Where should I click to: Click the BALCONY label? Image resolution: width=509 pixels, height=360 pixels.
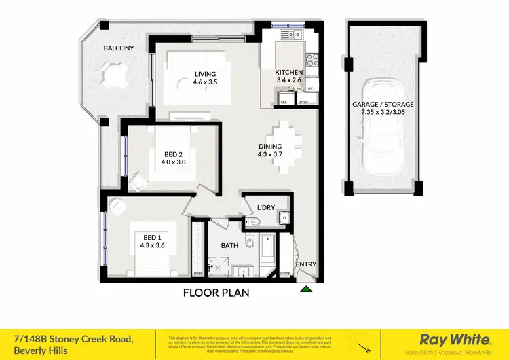pos(119,48)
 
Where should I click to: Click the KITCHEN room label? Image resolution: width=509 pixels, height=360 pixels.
pos(288,73)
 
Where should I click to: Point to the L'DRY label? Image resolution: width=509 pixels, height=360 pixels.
pos(265,209)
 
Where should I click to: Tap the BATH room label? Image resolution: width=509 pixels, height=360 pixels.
pos(229,245)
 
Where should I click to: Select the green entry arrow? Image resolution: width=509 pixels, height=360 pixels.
pos(306,289)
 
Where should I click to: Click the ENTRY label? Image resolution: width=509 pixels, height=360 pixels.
pos(305,264)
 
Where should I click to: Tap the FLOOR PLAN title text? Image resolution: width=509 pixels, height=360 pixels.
pos(216,293)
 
